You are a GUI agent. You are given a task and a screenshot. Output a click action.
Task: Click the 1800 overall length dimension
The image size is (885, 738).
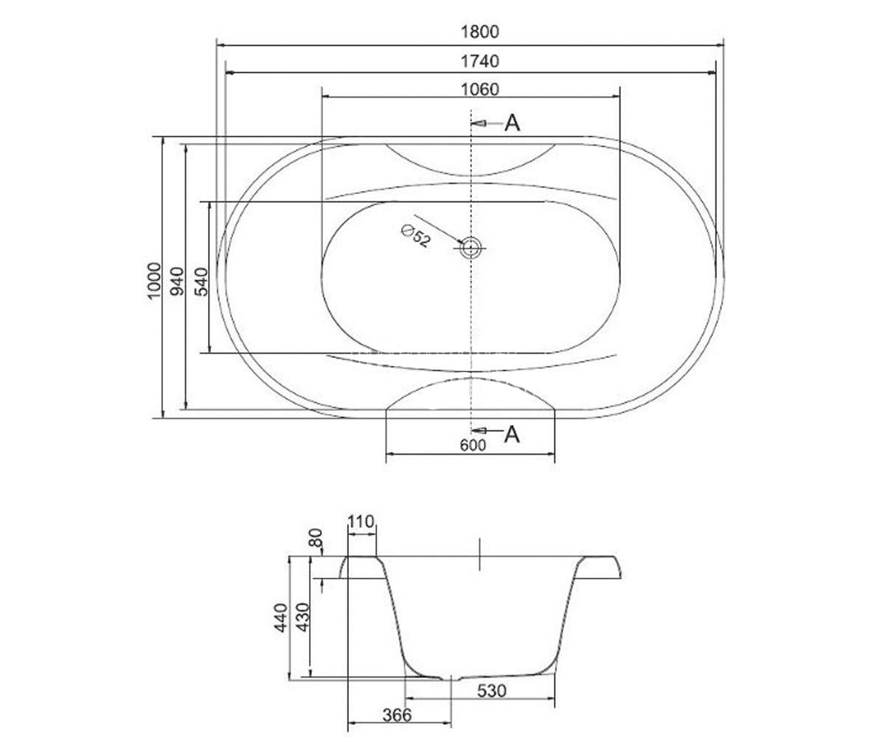[479, 32]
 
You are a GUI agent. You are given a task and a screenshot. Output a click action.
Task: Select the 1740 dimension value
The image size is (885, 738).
[479, 61]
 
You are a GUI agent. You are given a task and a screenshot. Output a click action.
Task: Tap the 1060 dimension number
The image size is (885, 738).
[479, 89]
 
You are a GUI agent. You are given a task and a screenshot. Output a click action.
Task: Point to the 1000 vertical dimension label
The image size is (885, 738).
[154, 280]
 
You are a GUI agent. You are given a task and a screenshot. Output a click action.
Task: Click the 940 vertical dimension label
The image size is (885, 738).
[177, 281]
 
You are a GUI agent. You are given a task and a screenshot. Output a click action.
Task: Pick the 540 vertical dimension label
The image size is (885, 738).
[201, 282]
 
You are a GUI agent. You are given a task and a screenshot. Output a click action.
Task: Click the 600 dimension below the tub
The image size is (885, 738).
[473, 445]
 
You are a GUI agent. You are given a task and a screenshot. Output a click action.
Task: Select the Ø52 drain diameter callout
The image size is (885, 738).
[416, 236]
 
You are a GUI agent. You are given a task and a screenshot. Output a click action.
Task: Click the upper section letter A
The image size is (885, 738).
[512, 123]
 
